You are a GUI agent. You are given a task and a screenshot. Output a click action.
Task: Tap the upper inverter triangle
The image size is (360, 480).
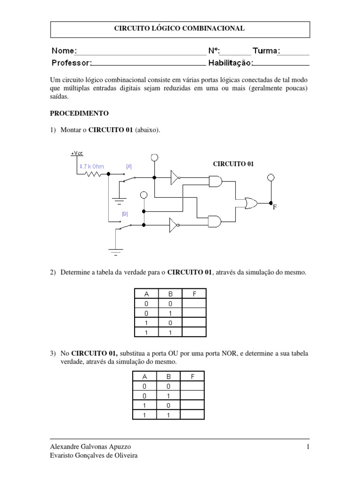click(x=175, y=177)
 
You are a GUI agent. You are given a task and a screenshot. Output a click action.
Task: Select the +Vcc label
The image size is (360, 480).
click(x=75, y=153)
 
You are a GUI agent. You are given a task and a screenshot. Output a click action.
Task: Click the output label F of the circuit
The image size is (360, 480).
click(x=275, y=207)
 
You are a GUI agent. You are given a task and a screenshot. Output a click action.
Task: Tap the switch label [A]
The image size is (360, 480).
click(x=128, y=166)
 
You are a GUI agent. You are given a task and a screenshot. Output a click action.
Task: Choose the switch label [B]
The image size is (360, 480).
click(x=125, y=213)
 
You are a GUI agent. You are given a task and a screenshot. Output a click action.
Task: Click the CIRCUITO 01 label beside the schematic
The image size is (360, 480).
click(x=233, y=164)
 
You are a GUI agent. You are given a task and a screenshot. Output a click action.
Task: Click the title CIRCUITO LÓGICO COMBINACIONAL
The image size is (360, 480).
click(x=180, y=29)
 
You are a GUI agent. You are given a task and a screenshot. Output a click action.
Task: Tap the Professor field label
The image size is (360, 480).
click(x=71, y=62)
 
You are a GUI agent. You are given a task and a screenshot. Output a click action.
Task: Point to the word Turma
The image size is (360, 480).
click(x=266, y=51)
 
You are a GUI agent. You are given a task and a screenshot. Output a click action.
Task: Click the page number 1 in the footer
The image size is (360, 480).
click(x=308, y=446)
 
